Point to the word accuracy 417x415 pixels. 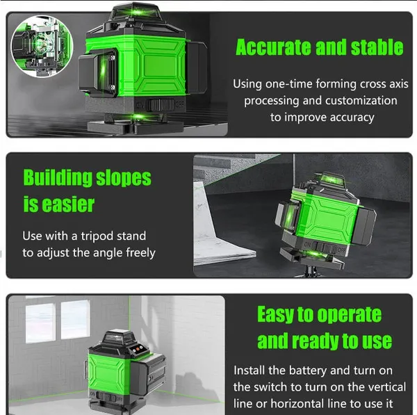click(x=350, y=117)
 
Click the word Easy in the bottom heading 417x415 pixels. click(x=276, y=314)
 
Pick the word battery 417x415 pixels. click(x=304, y=370)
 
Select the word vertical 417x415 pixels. click(x=374, y=386)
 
